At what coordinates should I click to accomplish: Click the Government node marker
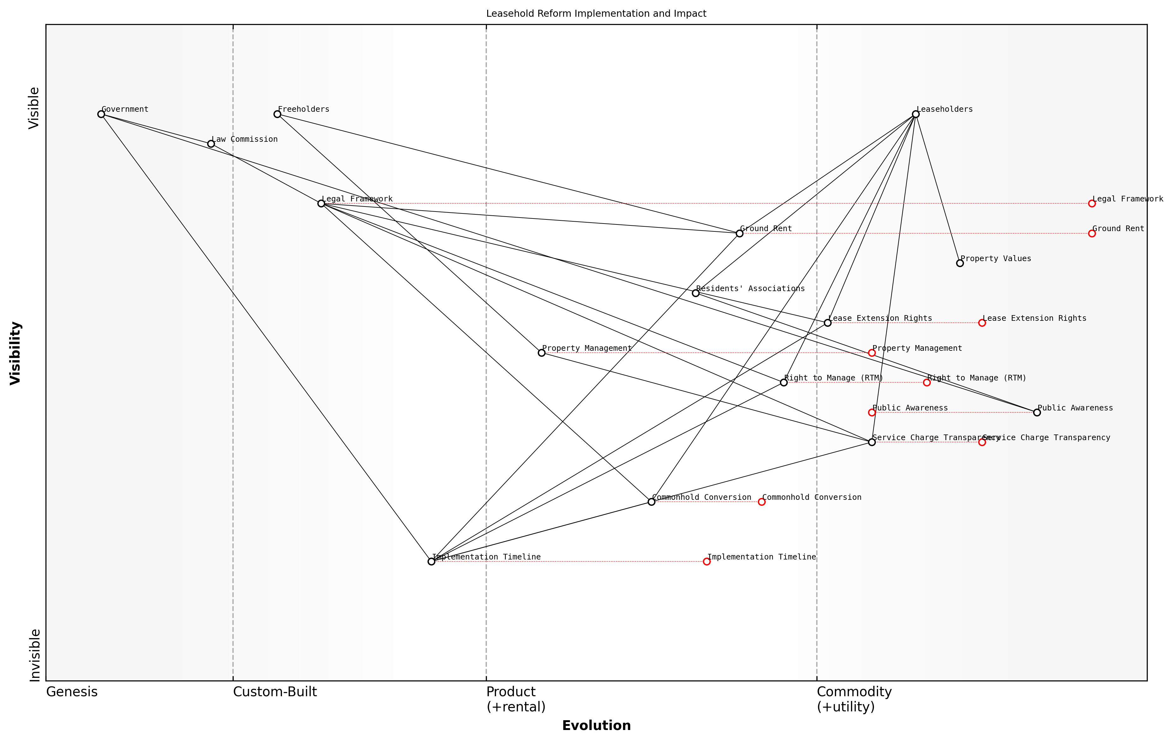(x=101, y=114)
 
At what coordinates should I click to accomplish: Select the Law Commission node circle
(x=211, y=144)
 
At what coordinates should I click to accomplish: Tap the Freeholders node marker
(x=277, y=114)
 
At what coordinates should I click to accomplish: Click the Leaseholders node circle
(x=916, y=114)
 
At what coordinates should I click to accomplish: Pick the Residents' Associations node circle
(x=696, y=293)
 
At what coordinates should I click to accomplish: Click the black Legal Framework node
(x=321, y=203)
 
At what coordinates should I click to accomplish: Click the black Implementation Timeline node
(x=431, y=561)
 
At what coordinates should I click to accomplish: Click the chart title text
(x=596, y=14)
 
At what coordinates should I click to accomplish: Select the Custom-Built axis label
(x=275, y=692)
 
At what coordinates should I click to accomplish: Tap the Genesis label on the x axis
(x=72, y=692)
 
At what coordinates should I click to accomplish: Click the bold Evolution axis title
(x=596, y=726)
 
